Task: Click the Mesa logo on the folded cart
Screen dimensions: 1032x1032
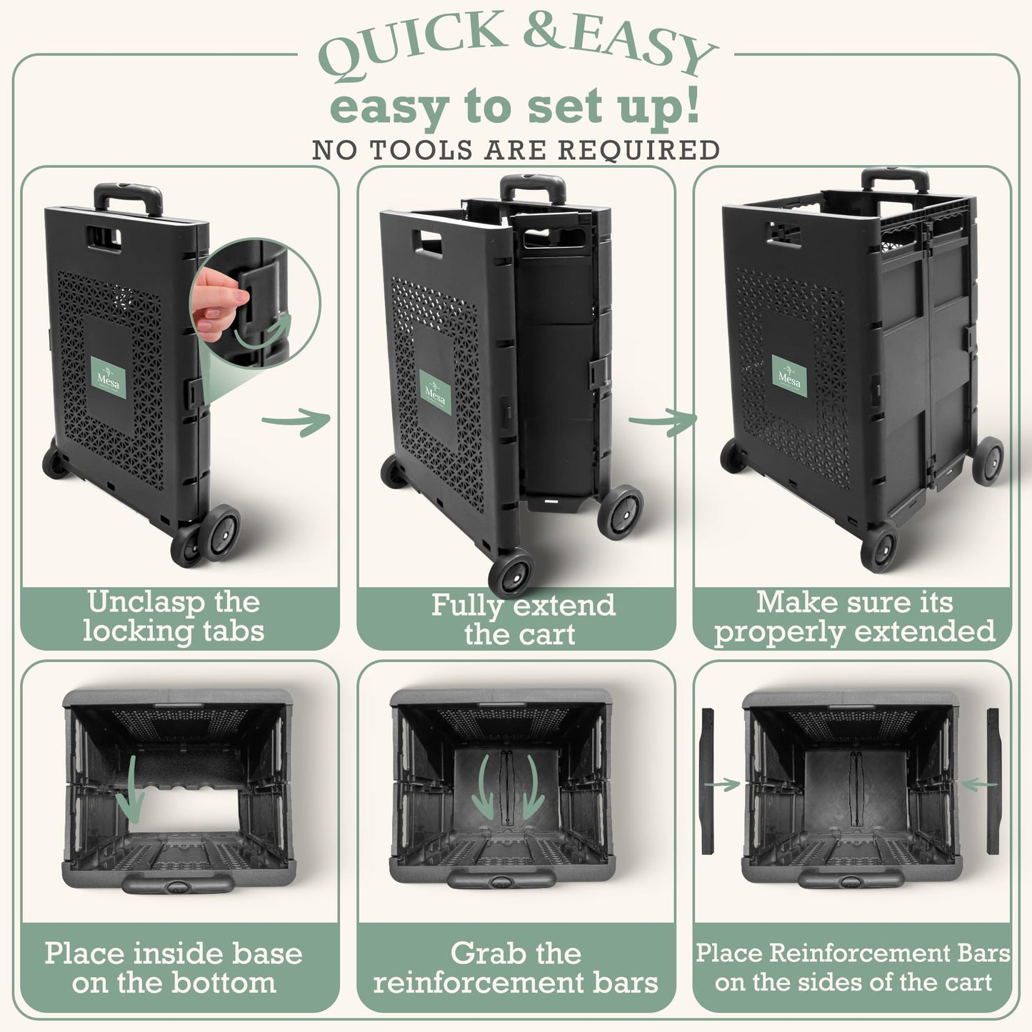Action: coord(108,378)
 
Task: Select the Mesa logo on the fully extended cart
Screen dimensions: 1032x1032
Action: coord(789,376)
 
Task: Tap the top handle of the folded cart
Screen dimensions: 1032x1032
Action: coord(128,198)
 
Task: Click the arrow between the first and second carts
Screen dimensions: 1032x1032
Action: coord(296,421)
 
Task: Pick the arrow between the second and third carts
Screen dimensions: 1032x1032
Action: coord(663,421)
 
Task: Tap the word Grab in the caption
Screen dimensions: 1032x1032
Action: coord(486,954)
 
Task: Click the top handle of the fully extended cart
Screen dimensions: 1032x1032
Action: coord(895,180)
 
